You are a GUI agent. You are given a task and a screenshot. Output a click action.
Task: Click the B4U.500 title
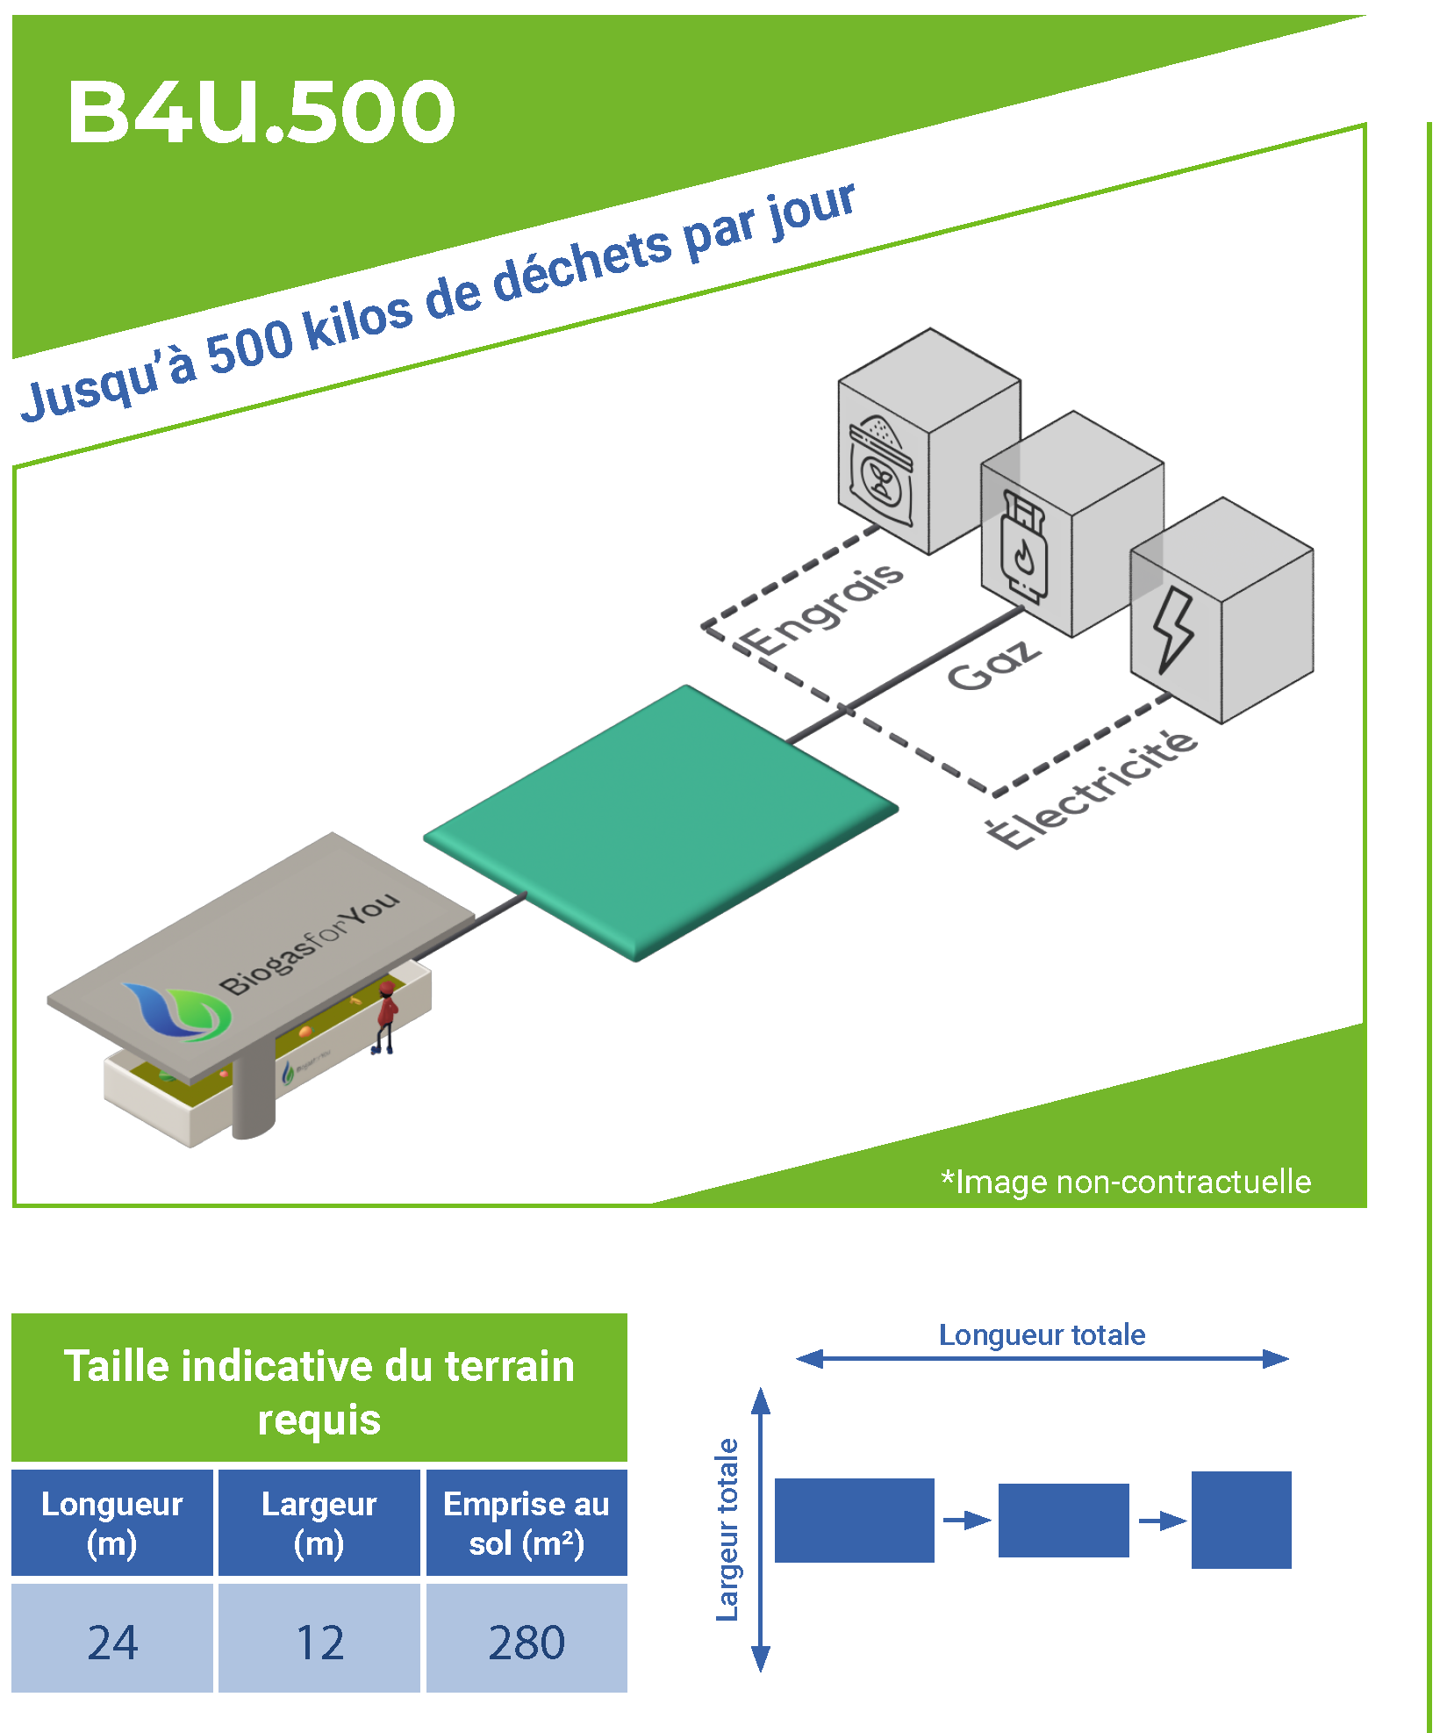261,111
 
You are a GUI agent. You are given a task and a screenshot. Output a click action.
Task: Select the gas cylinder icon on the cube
1021,547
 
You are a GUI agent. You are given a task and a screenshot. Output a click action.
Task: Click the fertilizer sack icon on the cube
881,471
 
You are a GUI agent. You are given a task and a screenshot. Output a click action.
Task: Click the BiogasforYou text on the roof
309,944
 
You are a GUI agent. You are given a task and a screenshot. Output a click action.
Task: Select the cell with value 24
112,1641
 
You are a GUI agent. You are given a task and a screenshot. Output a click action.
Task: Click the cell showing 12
319,1641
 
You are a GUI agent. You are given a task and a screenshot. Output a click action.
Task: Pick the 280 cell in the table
527,1641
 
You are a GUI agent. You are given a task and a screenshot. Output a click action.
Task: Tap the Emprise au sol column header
527,1523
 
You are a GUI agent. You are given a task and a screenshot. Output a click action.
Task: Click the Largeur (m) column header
319,1523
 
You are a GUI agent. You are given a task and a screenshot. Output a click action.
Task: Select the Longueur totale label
1042,1334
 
